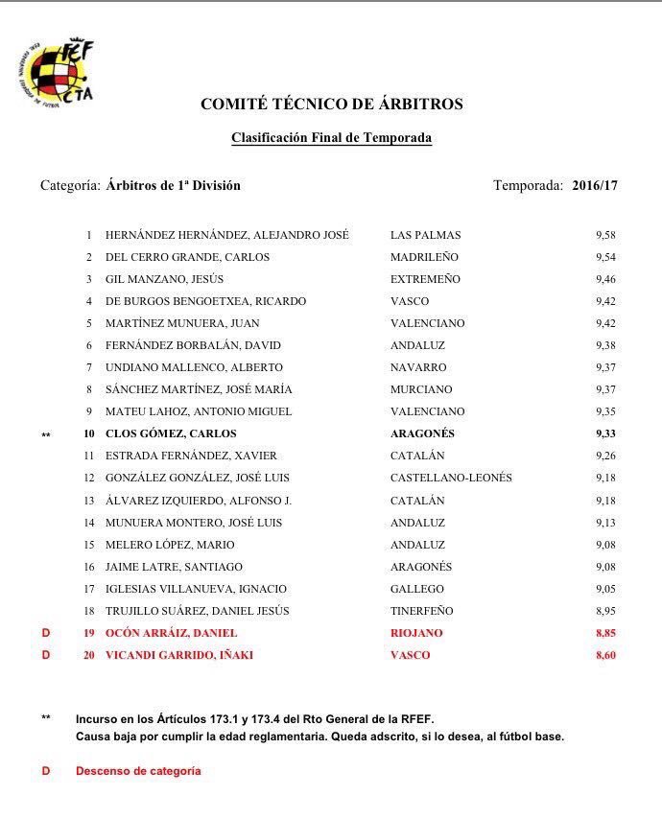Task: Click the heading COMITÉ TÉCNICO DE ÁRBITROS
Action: point(331,105)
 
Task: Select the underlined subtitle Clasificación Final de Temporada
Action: point(331,138)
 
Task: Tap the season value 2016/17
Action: point(595,186)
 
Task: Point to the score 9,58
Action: point(604,235)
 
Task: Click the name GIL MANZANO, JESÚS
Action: point(164,279)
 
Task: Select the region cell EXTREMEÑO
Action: point(425,279)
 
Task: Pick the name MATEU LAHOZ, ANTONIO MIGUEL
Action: point(199,411)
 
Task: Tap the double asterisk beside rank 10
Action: point(46,435)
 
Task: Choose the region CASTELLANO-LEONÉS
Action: point(451,478)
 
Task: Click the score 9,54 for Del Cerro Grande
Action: point(604,257)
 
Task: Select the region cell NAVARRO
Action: point(418,367)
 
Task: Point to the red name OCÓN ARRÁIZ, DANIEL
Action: point(171,633)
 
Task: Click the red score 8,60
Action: point(604,655)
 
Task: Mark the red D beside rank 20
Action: point(44,655)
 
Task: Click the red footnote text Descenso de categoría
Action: point(138,771)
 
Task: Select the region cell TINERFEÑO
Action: point(422,611)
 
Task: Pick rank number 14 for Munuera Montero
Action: point(89,523)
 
